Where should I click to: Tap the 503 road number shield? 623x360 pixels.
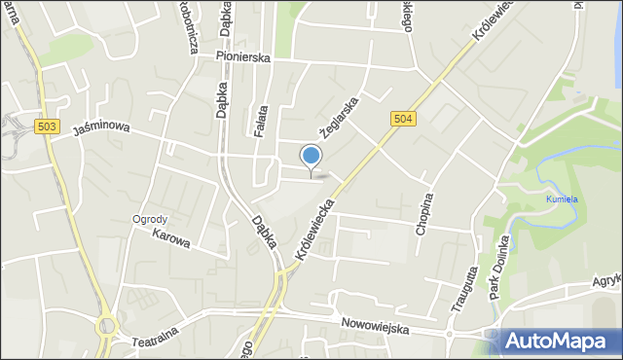(45, 126)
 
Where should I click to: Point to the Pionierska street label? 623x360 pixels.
(244, 57)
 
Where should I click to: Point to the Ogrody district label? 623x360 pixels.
(151, 219)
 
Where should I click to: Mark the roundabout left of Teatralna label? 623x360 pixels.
(106, 326)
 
